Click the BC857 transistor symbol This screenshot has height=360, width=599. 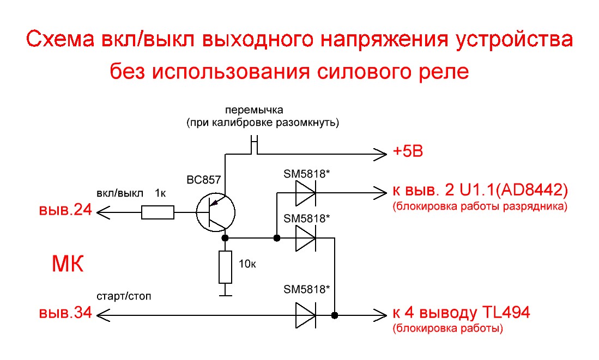(215, 212)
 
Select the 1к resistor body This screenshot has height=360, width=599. (158, 212)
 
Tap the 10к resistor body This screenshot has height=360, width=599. (225, 267)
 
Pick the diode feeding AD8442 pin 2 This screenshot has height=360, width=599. (306, 193)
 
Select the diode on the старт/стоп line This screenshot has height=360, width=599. (306, 315)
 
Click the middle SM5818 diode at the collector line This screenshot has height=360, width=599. (306, 238)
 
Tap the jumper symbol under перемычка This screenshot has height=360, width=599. (255, 145)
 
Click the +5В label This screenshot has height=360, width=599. (408, 151)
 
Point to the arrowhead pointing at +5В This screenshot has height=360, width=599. (380, 155)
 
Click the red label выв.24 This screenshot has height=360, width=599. (66, 210)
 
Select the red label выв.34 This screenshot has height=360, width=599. (66, 313)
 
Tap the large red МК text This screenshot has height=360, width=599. (68, 264)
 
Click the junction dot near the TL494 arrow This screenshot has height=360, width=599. (335, 315)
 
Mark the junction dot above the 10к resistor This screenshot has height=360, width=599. (225, 238)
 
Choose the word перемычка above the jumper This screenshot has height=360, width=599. (254, 111)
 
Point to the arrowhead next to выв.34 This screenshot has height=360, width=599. (103, 315)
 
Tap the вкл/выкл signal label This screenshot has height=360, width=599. (119, 193)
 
